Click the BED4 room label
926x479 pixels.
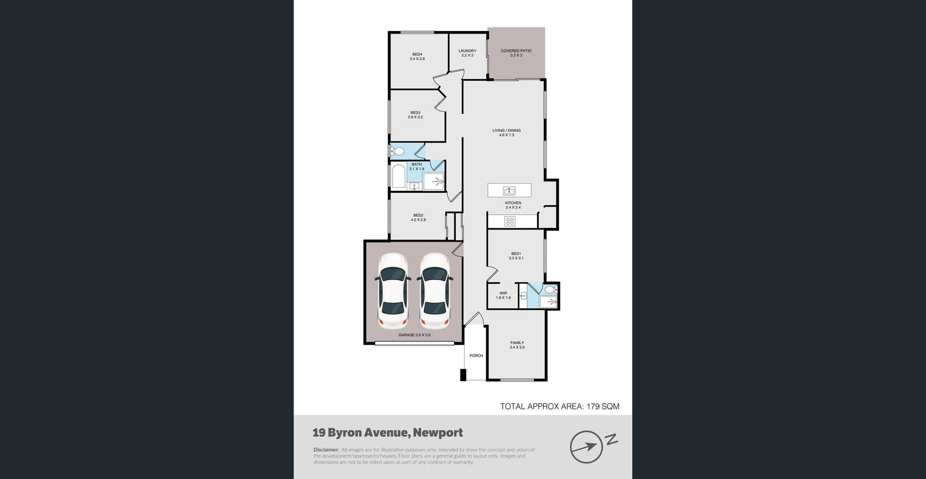(417, 54)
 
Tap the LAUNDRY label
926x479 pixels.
(467, 51)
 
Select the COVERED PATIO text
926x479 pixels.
(516, 51)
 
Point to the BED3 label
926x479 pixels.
(415, 113)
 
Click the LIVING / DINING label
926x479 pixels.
(507, 130)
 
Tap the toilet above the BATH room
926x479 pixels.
(397, 151)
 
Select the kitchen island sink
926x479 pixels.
(509, 191)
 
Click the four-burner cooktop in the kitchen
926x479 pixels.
(510, 221)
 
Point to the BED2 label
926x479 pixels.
(418, 215)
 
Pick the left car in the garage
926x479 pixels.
(393, 290)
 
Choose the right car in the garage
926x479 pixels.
(435, 290)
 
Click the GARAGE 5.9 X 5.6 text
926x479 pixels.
(414, 335)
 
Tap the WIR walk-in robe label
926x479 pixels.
(503, 293)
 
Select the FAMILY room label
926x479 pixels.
(517, 343)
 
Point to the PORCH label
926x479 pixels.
(476, 356)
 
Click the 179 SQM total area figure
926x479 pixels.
(603, 406)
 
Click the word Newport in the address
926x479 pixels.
(438, 433)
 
